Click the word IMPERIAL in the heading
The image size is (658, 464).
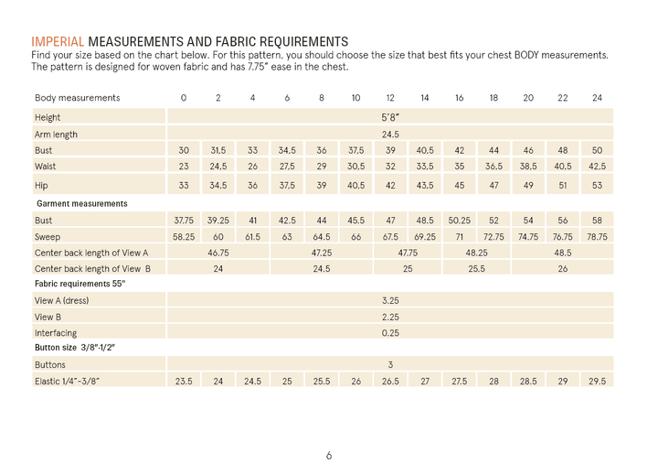point(58,41)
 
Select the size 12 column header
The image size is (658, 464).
point(390,98)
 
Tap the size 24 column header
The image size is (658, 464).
point(597,98)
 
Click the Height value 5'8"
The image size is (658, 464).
point(390,117)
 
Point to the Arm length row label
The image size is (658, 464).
point(56,134)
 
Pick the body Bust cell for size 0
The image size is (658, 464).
point(184,150)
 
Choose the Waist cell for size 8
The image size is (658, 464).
point(322,167)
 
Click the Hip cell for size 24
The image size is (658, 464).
point(597,184)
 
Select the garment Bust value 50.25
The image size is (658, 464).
point(459,221)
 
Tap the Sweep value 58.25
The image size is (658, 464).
point(184,236)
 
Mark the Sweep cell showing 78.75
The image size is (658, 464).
point(597,236)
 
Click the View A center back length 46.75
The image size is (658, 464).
point(218,253)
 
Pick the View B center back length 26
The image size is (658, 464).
point(562,269)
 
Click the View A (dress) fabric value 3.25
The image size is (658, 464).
point(390,300)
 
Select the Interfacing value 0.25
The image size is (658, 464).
point(390,333)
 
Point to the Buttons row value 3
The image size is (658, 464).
point(390,364)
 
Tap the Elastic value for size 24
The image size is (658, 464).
point(597,381)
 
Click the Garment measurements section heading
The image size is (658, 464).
point(80,203)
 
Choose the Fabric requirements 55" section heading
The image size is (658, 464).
point(80,284)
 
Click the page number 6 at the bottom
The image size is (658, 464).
point(329,455)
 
